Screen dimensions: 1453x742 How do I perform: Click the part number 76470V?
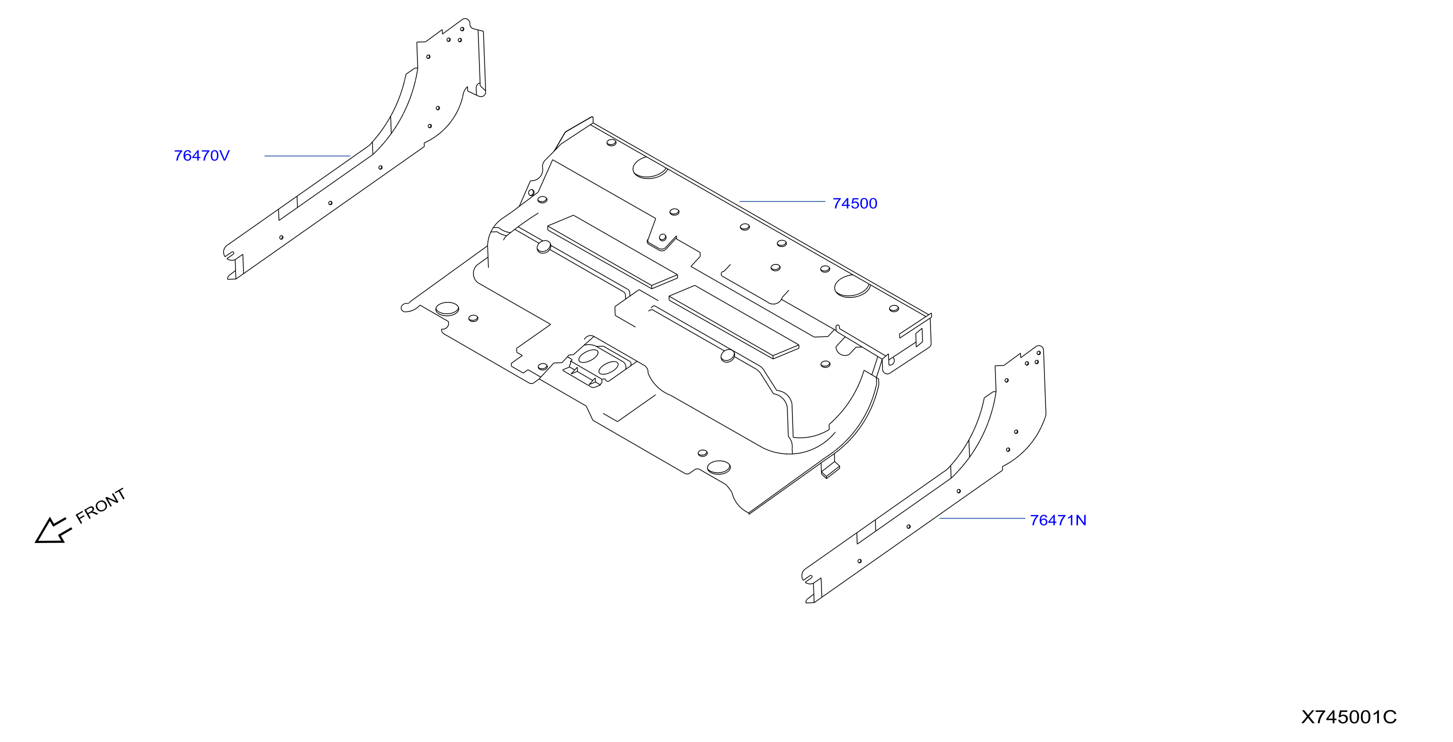coord(201,155)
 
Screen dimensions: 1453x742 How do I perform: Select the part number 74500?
coord(854,203)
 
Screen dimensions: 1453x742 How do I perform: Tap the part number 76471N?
coord(1058,520)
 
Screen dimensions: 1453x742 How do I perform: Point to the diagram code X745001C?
coord(1348,717)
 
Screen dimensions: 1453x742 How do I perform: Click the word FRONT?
coord(100,505)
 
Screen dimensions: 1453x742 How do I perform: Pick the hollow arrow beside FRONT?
coord(53,531)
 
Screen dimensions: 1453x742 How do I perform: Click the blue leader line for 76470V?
coord(307,155)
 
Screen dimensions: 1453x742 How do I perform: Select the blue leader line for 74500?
coord(782,201)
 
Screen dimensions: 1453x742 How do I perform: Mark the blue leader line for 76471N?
coord(982,518)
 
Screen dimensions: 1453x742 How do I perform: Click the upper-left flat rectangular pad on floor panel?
coord(612,251)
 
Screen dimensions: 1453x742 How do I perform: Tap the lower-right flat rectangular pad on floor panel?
coord(734,322)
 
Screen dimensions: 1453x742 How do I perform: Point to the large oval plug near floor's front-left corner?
coord(447,308)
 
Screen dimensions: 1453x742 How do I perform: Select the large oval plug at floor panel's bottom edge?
coord(718,467)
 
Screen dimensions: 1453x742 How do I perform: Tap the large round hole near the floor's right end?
coord(851,286)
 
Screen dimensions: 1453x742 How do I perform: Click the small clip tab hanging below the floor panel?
coord(829,468)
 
